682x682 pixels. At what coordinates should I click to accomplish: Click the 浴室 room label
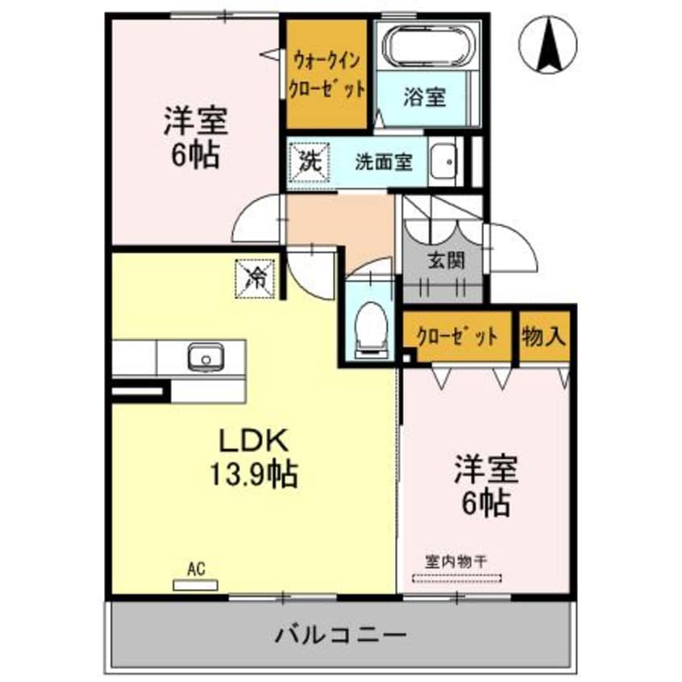pos(425,98)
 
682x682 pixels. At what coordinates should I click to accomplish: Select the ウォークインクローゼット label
pos(327,73)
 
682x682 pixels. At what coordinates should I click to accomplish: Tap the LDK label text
pos(249,443)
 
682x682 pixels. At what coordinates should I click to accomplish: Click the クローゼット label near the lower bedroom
pos(457,335)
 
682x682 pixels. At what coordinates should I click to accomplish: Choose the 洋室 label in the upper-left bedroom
pos(196,123)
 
